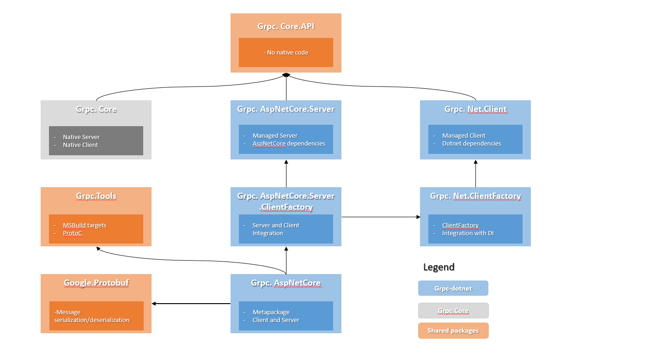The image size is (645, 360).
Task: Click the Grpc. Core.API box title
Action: point(286,26)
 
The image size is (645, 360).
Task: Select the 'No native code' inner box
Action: point(286,52)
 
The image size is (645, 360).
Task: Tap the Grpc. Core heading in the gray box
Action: point(96,109)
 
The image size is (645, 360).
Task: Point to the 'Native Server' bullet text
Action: point(81,137)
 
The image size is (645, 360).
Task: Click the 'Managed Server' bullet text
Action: point(275,135)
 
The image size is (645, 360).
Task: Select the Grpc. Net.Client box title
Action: point(475,109)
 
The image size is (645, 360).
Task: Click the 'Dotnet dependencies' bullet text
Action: point(472,143)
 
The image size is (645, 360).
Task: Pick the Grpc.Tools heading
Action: point(96,196)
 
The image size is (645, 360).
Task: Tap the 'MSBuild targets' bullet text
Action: point(85,225)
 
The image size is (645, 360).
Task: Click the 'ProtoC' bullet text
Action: point(73,233)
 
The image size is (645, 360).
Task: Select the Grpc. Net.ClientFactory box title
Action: point(475,196)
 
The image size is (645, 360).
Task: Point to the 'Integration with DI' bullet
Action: point(468,233)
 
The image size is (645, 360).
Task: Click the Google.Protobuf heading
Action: point(96,283)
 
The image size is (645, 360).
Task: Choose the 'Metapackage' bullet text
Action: point(271,312)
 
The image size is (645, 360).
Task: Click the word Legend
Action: point(439,267)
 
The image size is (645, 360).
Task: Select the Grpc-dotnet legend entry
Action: point(453,288)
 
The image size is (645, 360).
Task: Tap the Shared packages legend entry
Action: point(453,330)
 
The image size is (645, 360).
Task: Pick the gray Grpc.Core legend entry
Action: point(453,311)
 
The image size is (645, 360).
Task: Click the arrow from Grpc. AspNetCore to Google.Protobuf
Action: point(191,304)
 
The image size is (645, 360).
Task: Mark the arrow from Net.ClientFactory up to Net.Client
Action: point(476,174)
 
